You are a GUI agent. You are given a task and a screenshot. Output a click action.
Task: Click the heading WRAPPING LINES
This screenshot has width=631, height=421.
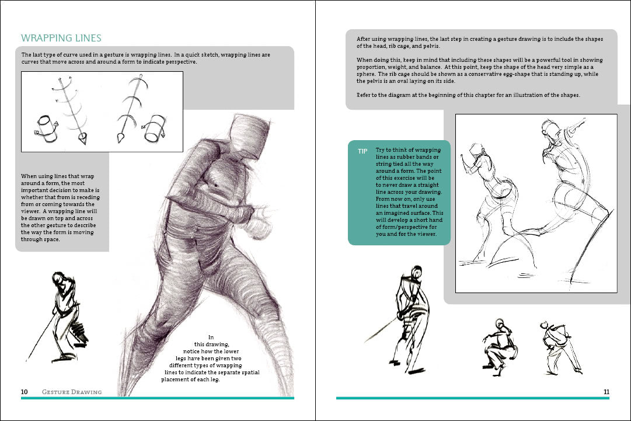click(x=61, y=39)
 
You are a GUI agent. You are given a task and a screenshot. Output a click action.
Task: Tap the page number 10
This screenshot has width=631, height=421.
click(x=25, y=392)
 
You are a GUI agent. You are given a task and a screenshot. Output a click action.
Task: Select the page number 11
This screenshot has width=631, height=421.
click(x=606, y=392)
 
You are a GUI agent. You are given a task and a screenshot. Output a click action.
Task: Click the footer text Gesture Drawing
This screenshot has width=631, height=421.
click(x=72, y=392)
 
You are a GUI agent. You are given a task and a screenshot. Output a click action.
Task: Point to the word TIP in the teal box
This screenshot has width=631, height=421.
click(x=363, y=151)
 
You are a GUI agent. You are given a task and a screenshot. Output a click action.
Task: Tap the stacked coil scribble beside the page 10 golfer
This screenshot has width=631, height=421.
click(x=80, y=334)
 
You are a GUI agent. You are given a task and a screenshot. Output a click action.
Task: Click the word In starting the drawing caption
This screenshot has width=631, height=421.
click(x=211, y=337)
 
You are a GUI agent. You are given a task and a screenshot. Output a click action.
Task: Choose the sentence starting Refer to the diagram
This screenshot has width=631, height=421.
click(x=468, y=95)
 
